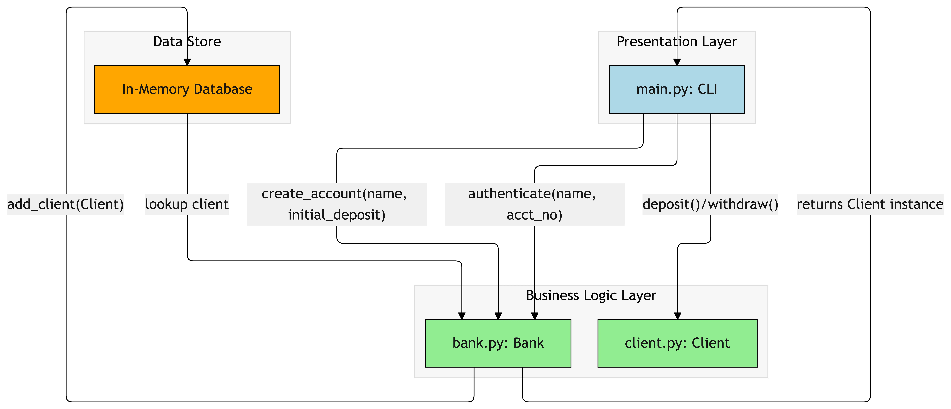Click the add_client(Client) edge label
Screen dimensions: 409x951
(65, 204)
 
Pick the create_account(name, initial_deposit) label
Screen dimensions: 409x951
(336, 204)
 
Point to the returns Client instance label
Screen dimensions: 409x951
(870, 204)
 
